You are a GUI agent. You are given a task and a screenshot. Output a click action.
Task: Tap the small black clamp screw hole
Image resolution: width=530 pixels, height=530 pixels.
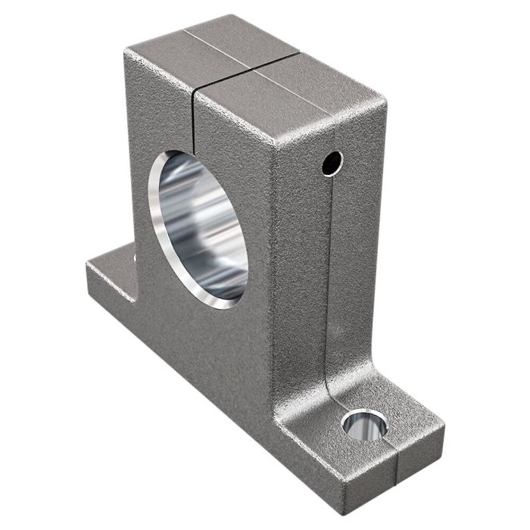click(332, 161)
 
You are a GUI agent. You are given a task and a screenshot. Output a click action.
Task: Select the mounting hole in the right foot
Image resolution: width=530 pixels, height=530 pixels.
click(364, 424)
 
